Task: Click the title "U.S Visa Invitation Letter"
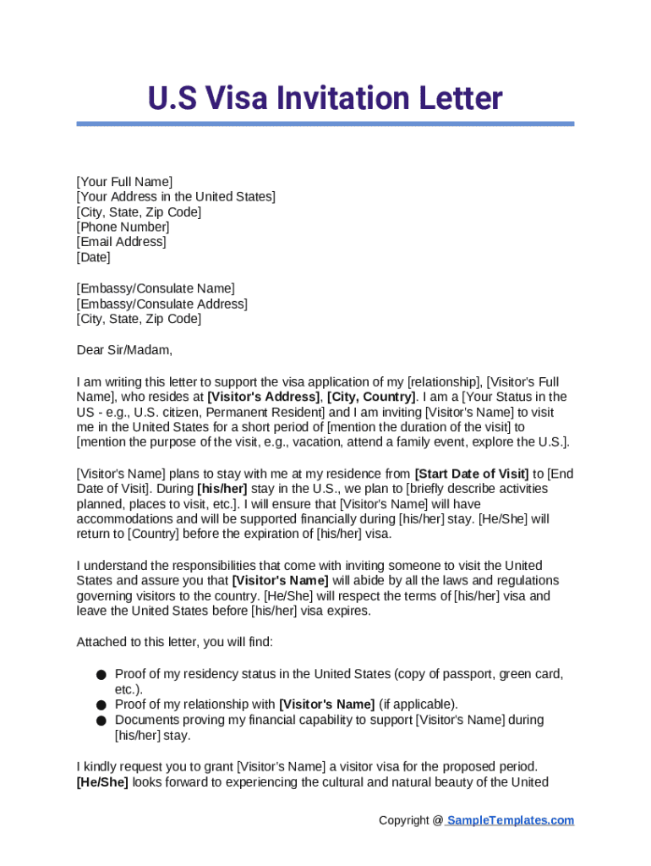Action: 325,98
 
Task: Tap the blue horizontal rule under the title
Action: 325,123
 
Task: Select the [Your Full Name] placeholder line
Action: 124,182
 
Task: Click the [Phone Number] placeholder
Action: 123,227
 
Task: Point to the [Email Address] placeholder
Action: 121,243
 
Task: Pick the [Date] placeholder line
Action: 93,258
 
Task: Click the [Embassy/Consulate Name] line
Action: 156,288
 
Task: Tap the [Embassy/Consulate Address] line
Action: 161,304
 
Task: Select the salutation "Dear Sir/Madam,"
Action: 123,349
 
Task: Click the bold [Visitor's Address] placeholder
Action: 263,397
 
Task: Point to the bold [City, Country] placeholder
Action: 371,397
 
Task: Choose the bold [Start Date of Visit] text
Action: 471,474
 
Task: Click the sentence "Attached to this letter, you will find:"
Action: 175,642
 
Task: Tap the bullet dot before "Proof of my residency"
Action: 101,675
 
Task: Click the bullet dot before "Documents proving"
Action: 101,721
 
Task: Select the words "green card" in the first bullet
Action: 531,674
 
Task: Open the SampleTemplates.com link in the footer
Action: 510,820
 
